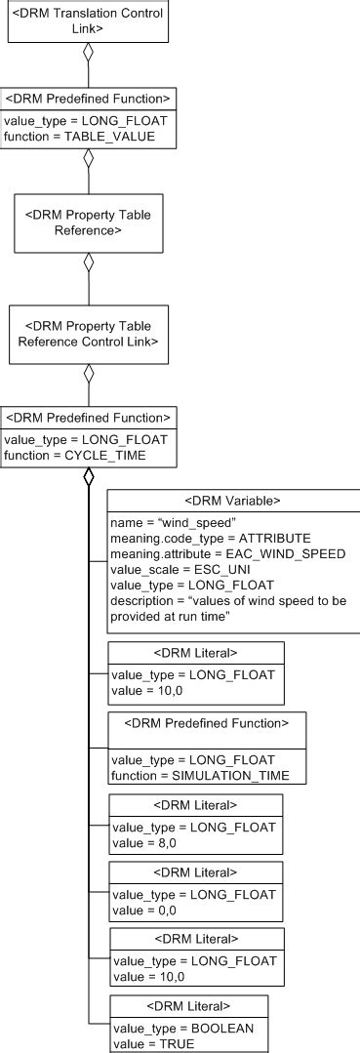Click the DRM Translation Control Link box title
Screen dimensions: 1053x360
click(87, 21)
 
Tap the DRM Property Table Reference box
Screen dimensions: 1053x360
click(88, 222)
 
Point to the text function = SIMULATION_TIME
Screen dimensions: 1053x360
click(194, 775)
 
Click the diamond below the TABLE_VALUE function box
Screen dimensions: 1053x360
click(88, 158)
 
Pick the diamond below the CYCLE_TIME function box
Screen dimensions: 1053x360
click(88, 476)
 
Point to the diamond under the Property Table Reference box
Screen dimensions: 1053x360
click(88, 262)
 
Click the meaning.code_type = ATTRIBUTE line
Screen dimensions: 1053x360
click(211, 538)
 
